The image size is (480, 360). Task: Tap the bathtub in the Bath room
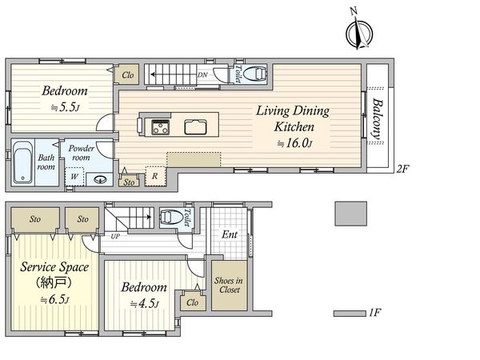point(23,162)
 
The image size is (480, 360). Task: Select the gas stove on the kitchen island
point(161,127)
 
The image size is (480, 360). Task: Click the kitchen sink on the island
point(196,127)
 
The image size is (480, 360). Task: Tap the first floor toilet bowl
point(171,217)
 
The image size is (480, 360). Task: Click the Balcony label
point(378,118)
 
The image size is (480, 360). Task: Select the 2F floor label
point(403,169)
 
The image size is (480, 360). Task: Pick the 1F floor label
point(375,313)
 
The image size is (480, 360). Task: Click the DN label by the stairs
point(202,74)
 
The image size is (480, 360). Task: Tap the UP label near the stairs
point(115,236)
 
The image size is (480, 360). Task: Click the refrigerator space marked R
point(155,176)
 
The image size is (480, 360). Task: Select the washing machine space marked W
point(74,177)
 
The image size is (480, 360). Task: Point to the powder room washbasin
point(100,178)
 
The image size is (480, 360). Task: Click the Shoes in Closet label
point(229,285)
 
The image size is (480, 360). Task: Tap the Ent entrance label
point(230,234)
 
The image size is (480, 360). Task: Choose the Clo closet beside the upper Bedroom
point(127,74)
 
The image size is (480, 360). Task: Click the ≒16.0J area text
point(294,143)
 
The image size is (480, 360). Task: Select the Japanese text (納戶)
point(54,282)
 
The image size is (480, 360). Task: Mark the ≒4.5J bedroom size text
point(144,304)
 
